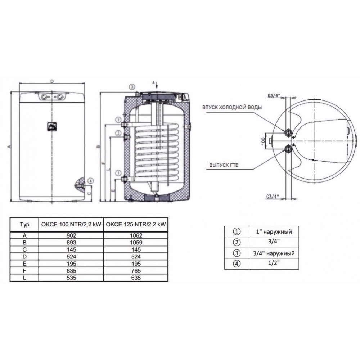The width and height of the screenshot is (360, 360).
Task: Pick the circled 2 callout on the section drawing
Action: click(118, 133)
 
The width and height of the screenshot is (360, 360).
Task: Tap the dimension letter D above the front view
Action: click(52, 82)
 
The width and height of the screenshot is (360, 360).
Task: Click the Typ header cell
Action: click(24, 224)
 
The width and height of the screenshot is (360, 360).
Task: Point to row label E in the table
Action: click(24, 264)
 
